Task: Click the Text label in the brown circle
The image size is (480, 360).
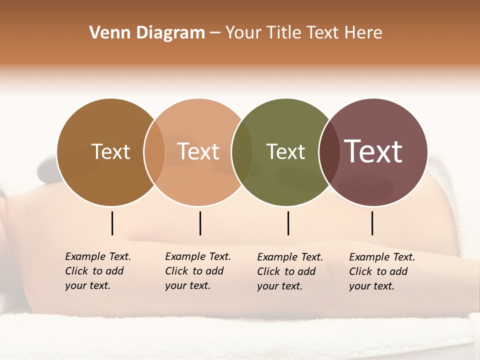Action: [x=111, y=151]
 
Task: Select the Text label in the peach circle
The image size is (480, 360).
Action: [x=198, y=151]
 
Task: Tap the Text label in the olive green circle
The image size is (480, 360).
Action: [x=285, y=151]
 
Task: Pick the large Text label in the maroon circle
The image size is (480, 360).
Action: [x=373, y=151]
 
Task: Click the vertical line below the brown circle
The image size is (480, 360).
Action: [x=112, y=223]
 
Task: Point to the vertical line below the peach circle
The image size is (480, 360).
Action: [x=200, y=223]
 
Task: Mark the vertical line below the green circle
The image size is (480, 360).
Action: [x=288, y=223]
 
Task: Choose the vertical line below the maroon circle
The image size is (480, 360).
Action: [x=372, y=223]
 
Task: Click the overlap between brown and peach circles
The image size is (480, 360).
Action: [x=154, y=152]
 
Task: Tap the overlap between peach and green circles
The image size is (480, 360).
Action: [x=242, y=152]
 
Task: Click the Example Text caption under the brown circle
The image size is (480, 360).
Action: [x=98, y=271]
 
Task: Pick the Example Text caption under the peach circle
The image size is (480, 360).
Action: [x=198, y=271]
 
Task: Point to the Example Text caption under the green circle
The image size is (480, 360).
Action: [x=290, y=271]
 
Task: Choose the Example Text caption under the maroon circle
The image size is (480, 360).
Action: [x=382, y=271]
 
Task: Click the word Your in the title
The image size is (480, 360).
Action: [x=243, y=33]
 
